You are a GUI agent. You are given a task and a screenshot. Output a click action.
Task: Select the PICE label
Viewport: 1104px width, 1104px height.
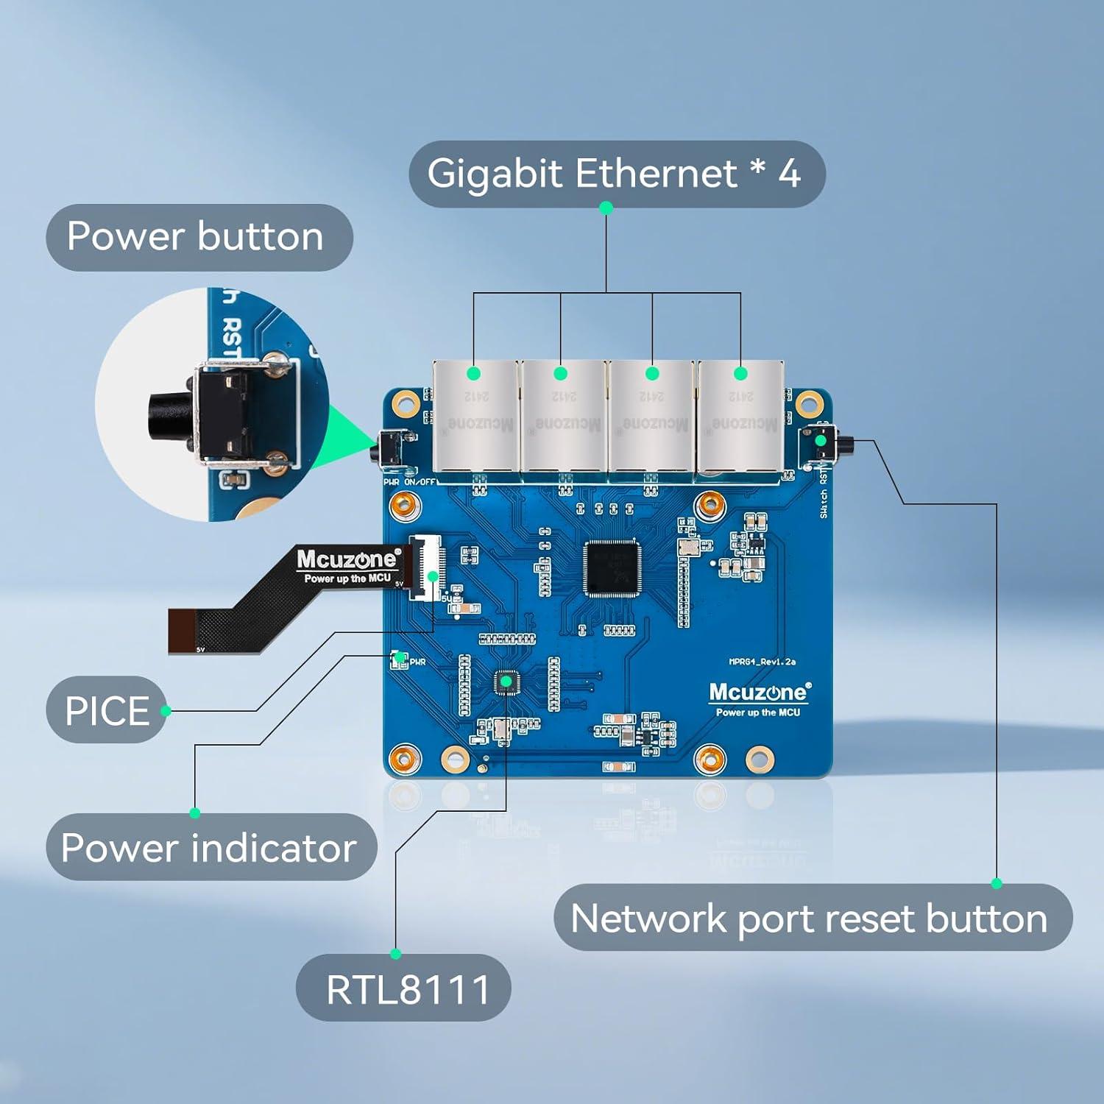click(107, 710)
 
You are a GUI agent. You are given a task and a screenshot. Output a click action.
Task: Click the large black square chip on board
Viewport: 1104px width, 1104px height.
click(612, 568)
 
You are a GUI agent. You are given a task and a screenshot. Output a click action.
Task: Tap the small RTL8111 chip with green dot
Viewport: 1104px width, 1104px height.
click(506, 682)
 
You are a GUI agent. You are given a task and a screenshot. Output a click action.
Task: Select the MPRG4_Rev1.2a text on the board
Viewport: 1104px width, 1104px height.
click(762, 662)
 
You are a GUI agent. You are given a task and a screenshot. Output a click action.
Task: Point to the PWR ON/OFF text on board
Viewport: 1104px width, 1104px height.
click(409, 482)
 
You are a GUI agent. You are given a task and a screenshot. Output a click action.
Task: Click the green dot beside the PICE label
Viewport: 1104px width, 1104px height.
click(166, 710)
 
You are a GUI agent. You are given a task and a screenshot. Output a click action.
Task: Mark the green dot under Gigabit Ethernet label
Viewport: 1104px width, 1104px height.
click(606, 209)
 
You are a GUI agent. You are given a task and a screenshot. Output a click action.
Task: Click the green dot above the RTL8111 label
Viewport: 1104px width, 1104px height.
click(396, 954)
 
